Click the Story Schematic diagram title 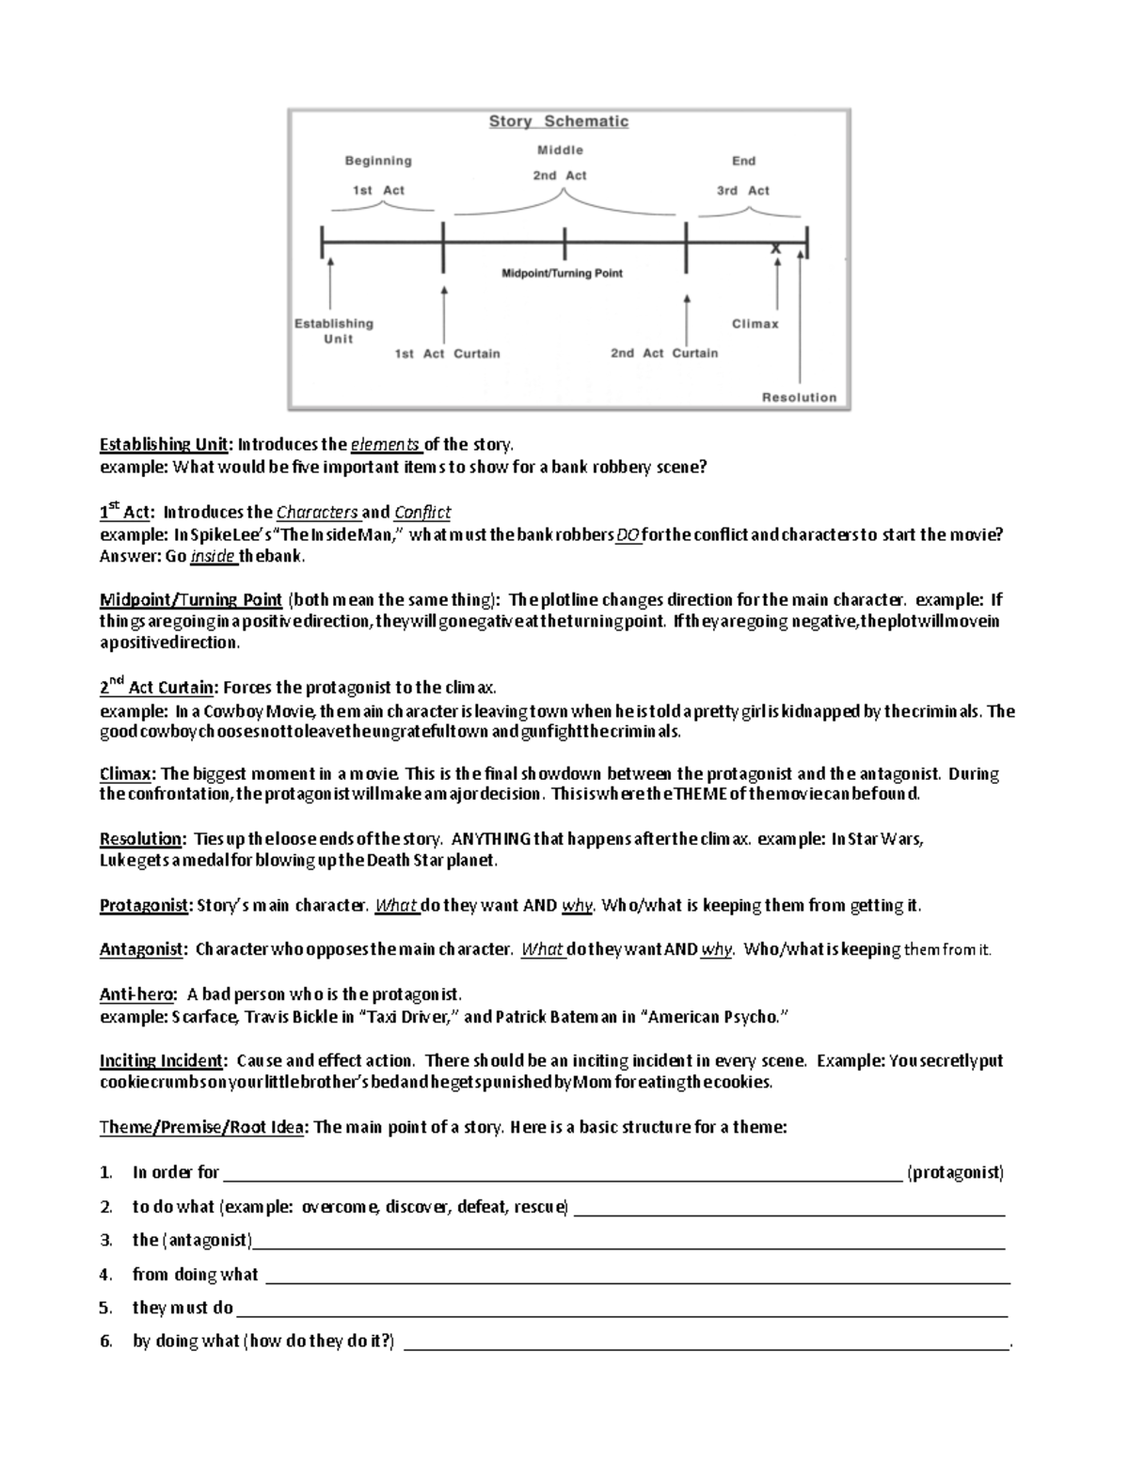pos(558,121)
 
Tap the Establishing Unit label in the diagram pos(334,330)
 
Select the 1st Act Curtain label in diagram pos(447,354)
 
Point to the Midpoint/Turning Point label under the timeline pos(562,273)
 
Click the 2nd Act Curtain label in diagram pos(664,353)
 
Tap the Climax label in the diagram pos(755,324)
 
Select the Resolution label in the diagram pos(799,397)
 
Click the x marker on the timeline pos(776,249)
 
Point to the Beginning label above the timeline pos(378,161)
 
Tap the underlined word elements pos(387,445)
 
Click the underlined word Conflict pos(422,513)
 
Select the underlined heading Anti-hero pos(137,994)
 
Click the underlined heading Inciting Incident pos(162,1060)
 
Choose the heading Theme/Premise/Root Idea pos(201,1127)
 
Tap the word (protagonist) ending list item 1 pos(955,1172)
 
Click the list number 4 pos(106,1275)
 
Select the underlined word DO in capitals pos(628,535)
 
